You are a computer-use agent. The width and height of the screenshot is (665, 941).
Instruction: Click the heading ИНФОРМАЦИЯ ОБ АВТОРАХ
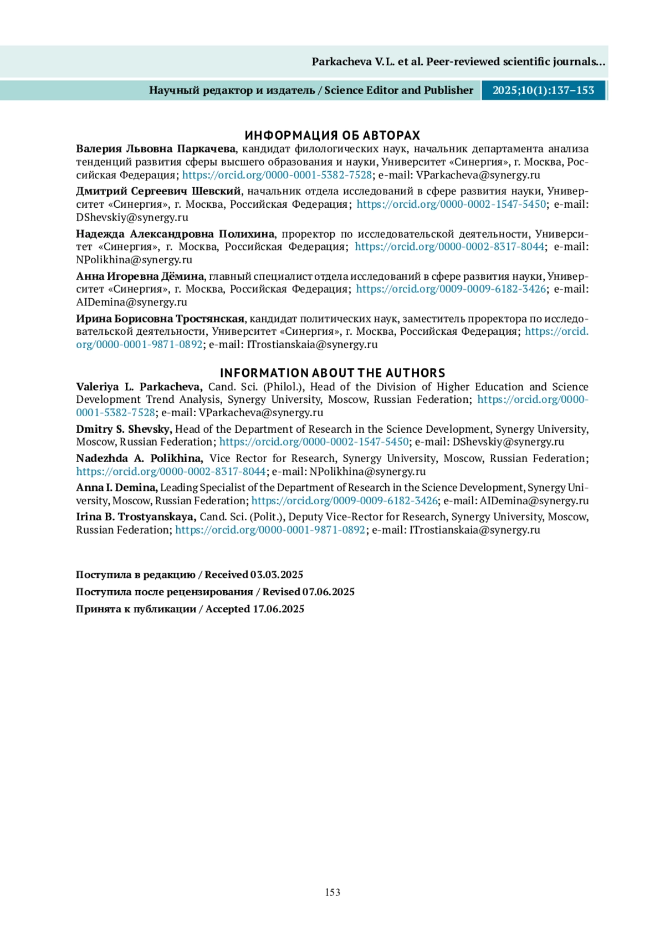click(x=332, y=135)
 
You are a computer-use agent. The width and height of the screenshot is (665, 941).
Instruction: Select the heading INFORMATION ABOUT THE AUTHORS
click(x=332, y=373)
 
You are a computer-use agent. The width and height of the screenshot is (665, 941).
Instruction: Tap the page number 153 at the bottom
click(x=332, y=892)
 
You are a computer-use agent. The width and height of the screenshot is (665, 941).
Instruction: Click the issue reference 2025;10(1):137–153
click(x=543, y=90)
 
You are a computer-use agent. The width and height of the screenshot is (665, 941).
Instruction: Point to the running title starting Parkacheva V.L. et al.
click(x=458, y=62)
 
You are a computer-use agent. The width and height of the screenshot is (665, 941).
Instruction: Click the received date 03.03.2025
click(x=277, y=575)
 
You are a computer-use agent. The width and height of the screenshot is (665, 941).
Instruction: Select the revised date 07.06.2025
click(x=328, y=592)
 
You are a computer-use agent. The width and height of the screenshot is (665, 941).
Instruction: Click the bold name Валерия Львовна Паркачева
click(x=156, y=149)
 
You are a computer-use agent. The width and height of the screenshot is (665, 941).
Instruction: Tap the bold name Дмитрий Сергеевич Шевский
click(x=158, y=191)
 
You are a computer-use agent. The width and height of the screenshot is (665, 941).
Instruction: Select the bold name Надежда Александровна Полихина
click(x=175, y=234)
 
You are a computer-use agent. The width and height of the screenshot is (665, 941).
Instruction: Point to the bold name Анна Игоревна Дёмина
click(x=140, y=276)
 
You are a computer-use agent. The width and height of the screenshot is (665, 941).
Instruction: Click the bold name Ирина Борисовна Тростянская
click(x=160, y=319)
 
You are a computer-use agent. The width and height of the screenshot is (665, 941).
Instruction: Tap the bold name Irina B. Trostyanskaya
click(x=136, y=516)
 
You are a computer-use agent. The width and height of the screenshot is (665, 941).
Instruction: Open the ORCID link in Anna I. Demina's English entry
click(x=344, y=501)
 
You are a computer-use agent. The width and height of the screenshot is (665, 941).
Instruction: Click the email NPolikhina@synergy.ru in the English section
click(x=367, y=472)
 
